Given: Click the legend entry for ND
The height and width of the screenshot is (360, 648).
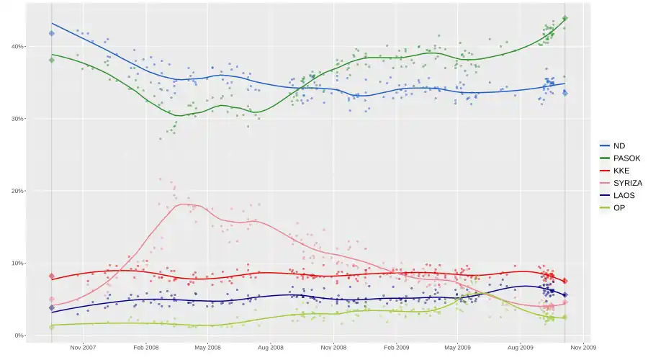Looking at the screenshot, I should point(618,146).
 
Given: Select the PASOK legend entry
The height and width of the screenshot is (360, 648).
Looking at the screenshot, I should point(626,158).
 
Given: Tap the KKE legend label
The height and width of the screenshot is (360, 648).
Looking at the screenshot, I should point(621,171).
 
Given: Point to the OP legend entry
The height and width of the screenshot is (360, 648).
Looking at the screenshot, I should point(618,207).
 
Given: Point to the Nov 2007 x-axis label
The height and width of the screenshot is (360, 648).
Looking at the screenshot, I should point(83,347).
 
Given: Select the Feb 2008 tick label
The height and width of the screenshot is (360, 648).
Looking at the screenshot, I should point(145,347).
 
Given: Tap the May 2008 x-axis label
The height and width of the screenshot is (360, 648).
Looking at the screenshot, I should point(207,347).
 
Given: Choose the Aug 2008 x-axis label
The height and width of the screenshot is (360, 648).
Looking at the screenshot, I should point(271,347).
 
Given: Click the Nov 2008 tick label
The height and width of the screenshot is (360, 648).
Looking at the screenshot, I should point(334,347).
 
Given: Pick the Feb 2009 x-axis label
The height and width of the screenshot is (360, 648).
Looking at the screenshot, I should point(397,347).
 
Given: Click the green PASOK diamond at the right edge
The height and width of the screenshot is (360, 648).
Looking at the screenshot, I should point(565,19).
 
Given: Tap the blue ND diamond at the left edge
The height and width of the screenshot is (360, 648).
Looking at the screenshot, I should point(52,33).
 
